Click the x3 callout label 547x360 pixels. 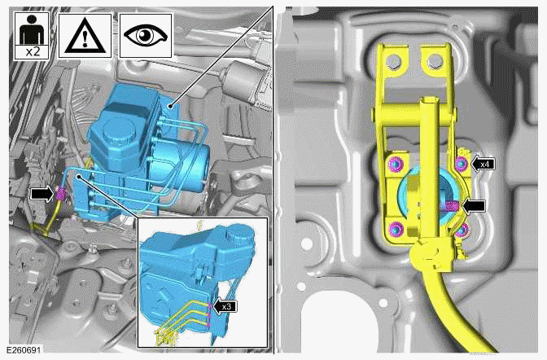229,306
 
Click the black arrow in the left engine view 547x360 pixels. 40,193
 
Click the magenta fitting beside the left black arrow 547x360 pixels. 60,193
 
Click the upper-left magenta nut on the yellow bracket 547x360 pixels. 394,165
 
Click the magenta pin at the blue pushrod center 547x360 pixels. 450,207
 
